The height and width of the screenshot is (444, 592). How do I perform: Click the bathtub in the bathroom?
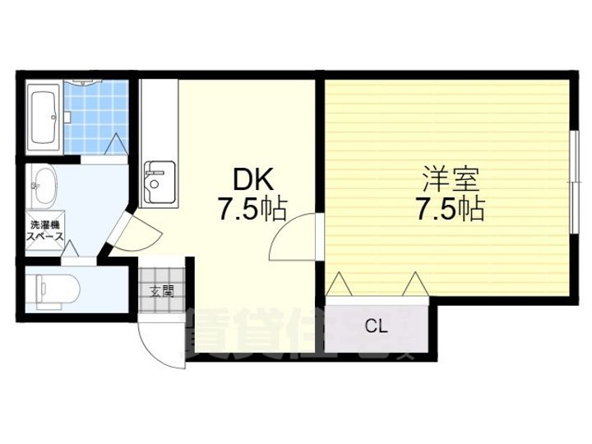[43, 118]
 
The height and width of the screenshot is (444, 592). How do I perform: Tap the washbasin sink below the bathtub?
[43, 187]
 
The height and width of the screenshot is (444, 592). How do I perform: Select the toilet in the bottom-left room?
[55, 289]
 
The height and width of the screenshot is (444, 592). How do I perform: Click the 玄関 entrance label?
[162, 290]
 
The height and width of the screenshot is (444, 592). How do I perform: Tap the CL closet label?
[376, 326]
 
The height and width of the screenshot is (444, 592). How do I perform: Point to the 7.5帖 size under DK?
[252, 210]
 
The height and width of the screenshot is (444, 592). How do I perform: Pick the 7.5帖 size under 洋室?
[448, 209]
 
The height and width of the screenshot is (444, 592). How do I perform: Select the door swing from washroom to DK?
[127, 233]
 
